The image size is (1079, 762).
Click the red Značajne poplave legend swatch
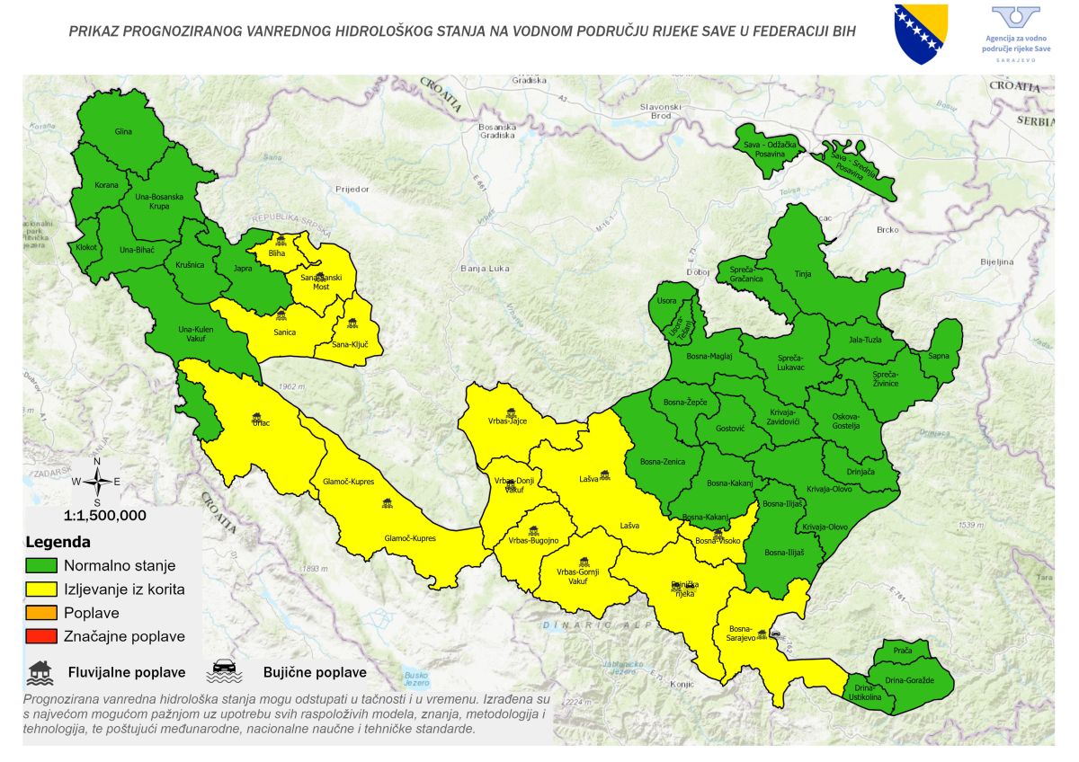coord(41,637)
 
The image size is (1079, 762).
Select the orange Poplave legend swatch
coord(41,614)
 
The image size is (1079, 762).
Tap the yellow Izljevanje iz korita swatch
coord(41,589)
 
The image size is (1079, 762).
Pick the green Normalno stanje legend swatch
coord(41,566)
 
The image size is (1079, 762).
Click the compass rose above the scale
coord(97,481)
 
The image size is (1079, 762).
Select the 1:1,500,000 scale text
coord(104,517)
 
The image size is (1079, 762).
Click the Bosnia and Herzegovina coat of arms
coord(921,32)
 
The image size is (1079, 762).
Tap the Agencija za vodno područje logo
coord(1015,33)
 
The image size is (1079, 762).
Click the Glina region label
coord(123,132)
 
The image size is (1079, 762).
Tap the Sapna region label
coord(939,356)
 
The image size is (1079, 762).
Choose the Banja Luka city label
coord(485,268)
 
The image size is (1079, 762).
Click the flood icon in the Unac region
coord(258,416)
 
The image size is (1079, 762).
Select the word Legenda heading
coord(58,543)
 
